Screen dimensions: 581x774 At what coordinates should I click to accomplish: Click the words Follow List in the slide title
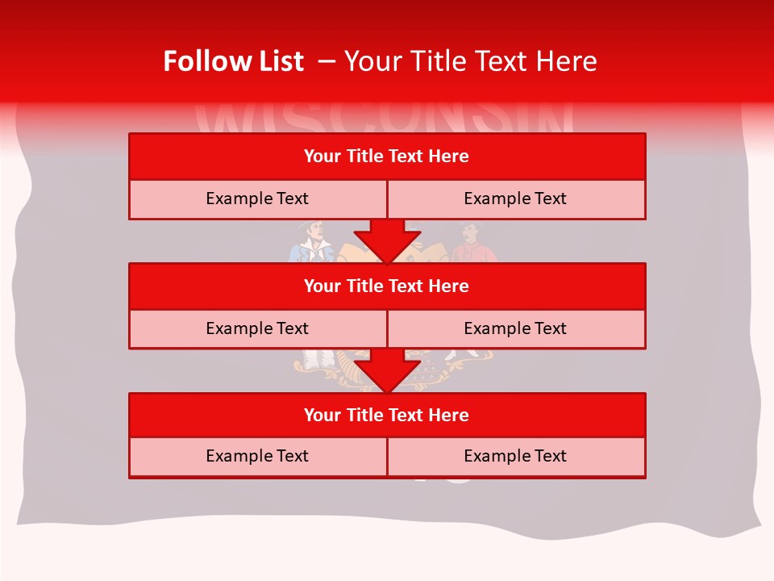coord(233,61)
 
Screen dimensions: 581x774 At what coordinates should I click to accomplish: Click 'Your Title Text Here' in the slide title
coord(470,61)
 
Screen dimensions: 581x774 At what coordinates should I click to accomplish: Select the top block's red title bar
coord(387,157)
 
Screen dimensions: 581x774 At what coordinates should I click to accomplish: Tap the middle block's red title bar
coord(387,286)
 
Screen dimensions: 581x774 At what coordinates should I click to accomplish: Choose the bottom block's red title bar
coord(387,416)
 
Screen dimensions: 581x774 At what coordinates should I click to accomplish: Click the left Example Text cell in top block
coord(257,199)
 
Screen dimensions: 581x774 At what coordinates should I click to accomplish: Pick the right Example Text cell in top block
coord(516,199)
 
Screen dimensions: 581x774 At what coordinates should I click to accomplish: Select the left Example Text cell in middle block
coord(257,329)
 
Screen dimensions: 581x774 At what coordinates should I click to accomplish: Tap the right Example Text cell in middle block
coord(516,329)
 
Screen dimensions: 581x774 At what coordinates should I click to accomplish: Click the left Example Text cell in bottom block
coord(257,457)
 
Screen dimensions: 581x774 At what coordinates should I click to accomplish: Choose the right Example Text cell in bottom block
coord(516,457)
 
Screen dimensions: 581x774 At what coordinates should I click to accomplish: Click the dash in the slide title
coord(327,61)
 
